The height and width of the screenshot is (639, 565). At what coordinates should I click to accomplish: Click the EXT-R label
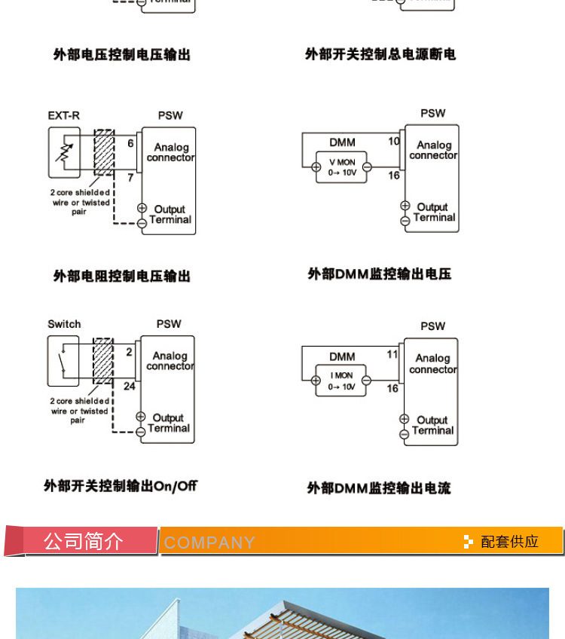pos(63,115)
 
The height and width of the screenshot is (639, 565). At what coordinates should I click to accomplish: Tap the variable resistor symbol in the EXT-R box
pos(64,148)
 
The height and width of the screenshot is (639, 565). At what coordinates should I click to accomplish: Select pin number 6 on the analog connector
pos(130,143)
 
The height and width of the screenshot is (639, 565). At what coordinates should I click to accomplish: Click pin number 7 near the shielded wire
pos(130,178)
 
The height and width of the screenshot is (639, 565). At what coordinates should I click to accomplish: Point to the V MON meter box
pos(341,167)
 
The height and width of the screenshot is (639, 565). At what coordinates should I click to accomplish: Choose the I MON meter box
pos(341,381)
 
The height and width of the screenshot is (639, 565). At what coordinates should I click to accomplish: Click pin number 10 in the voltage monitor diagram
pos(393,141)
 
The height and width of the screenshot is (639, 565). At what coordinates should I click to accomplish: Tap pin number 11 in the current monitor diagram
pos(392,354)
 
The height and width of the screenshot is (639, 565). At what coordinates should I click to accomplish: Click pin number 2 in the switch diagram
pos(129,352)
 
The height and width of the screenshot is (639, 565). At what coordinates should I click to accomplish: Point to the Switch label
pos(64,324)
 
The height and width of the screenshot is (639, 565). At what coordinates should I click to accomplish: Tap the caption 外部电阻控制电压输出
pos(121,277)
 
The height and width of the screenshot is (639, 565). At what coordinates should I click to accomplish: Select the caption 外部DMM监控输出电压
pos(379,274)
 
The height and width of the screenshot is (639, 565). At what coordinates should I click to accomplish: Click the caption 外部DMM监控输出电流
pos(378,488)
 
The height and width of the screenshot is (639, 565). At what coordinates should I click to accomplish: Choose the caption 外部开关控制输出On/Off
pos(121,486)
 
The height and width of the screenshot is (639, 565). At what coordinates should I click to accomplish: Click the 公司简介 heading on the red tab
pos(83,541)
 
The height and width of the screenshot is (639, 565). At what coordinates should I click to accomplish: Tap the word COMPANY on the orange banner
pos(209,543)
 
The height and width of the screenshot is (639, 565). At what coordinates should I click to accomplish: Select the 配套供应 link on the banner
pos(509,542)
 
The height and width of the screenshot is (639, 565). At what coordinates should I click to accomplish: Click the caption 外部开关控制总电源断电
pos(380,54)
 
